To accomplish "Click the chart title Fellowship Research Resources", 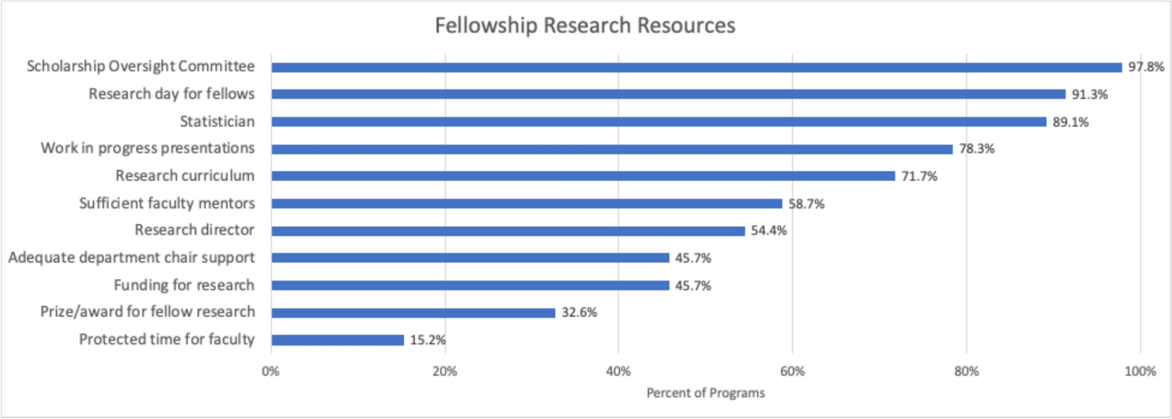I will tap(585, 25).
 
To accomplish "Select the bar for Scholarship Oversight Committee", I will tap(696, 68).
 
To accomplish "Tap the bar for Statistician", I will tap(658, 122).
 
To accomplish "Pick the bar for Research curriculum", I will tap(583, 176).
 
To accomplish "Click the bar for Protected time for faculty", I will tap(337, 340).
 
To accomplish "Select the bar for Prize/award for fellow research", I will tap(413, 313).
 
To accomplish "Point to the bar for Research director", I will tap(508, 231).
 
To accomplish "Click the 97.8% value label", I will tap(1146, 67).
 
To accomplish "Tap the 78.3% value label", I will tap(976, 149).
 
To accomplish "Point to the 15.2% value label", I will tap(427, 340).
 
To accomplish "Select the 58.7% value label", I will tap(806, 204).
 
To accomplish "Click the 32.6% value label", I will tap(579, 313).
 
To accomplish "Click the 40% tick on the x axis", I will tap(618, 372).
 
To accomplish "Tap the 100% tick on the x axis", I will tap(1140, 372).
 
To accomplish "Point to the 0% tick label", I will tap(271, 372).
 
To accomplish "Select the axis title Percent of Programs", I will tap(705, 393).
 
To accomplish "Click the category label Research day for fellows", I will tap(171, 94).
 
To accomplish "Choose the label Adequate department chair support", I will tap(132, 257).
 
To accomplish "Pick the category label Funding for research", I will tap(184, 285).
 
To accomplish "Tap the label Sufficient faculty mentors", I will tap(167, 203).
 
